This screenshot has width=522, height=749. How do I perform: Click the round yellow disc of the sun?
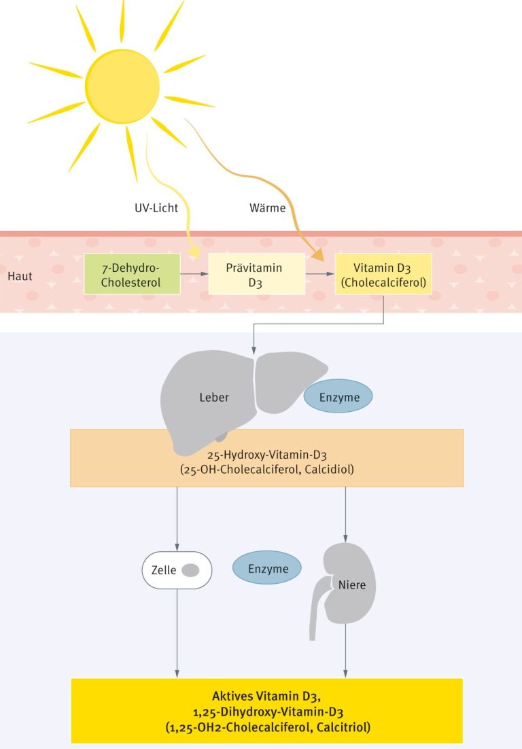122,86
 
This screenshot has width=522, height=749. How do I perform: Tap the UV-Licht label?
156,208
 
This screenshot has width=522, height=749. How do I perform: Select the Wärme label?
267,208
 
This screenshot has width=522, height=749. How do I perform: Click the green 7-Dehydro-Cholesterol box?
132,274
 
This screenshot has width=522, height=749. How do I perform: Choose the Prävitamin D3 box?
256,274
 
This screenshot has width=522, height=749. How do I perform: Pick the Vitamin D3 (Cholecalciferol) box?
383,274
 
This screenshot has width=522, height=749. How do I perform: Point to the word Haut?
20,276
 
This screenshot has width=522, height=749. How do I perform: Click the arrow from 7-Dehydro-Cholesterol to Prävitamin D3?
194,274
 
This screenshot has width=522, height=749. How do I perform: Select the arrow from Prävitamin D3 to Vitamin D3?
320,274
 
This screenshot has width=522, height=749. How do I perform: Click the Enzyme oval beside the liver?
338,396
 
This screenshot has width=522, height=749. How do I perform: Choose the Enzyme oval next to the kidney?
267,568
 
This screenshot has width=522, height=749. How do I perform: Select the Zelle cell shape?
177,570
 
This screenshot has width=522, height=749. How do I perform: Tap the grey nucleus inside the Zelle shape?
190,570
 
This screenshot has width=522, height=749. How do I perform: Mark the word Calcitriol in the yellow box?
344,727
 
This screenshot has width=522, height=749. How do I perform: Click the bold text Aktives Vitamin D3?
266,696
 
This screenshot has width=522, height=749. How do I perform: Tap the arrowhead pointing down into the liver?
254,351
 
